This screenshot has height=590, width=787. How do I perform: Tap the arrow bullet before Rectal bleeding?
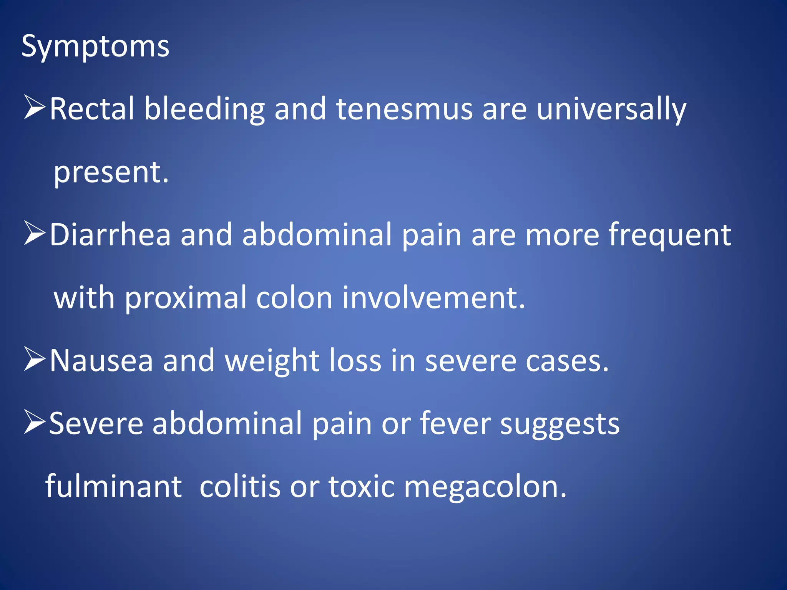(35, 108)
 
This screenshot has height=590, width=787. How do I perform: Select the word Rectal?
(92, 109)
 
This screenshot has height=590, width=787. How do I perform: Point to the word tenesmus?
(404, 109)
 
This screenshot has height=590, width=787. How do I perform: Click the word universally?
(611, 110)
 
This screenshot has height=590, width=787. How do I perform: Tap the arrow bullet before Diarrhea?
(35, 233)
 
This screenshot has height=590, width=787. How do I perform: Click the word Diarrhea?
(110, 235)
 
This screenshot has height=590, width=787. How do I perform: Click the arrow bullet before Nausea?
(35, 359)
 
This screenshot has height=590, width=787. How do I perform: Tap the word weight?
(272, 361)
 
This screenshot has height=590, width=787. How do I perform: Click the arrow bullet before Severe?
(35, 422)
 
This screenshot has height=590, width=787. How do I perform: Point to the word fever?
(455, 423)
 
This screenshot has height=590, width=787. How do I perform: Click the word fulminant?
(114, 486)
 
